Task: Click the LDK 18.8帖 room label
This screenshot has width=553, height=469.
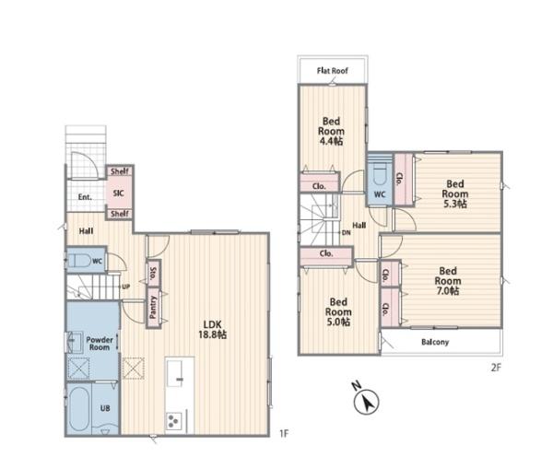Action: click(x=212, y=329)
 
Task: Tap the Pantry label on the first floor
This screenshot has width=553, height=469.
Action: click(x=153, y=307)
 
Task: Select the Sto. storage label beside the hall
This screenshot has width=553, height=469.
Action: click(x=153, y=272)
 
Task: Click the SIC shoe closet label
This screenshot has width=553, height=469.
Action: click(x=119, y=193)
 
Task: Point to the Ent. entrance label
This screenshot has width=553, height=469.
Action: click(x=85, y=197)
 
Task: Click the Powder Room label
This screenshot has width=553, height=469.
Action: click(x=100, y=344)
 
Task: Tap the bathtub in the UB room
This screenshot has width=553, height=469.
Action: click(x=79, y=409)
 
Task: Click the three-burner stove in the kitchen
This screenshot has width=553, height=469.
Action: click(x=174, y=421)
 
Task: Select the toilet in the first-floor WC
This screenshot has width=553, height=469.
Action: click(x=78, y=261)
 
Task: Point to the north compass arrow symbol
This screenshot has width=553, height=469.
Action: click(x=367, y=402)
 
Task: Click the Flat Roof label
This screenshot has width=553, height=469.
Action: click(x=332, y=71)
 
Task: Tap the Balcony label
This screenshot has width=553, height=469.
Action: click(x=435, y=342)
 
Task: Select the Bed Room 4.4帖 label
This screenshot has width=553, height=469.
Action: click(x=331, y=131)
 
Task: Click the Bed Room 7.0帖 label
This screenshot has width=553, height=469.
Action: click(x=448, y=281)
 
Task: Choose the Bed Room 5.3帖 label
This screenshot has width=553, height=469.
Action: click(x=455, y=193)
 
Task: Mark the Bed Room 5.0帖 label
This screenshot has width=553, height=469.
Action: click(x=338, y=311)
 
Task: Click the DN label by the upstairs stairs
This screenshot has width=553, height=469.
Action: click(x=347, y=233)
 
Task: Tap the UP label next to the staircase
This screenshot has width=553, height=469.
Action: click(x=126, y=287)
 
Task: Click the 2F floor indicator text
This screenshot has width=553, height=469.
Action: click(x=496, y=368)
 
